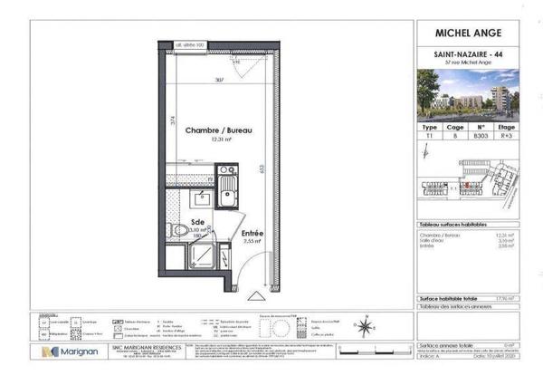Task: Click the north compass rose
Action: [363, 328]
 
